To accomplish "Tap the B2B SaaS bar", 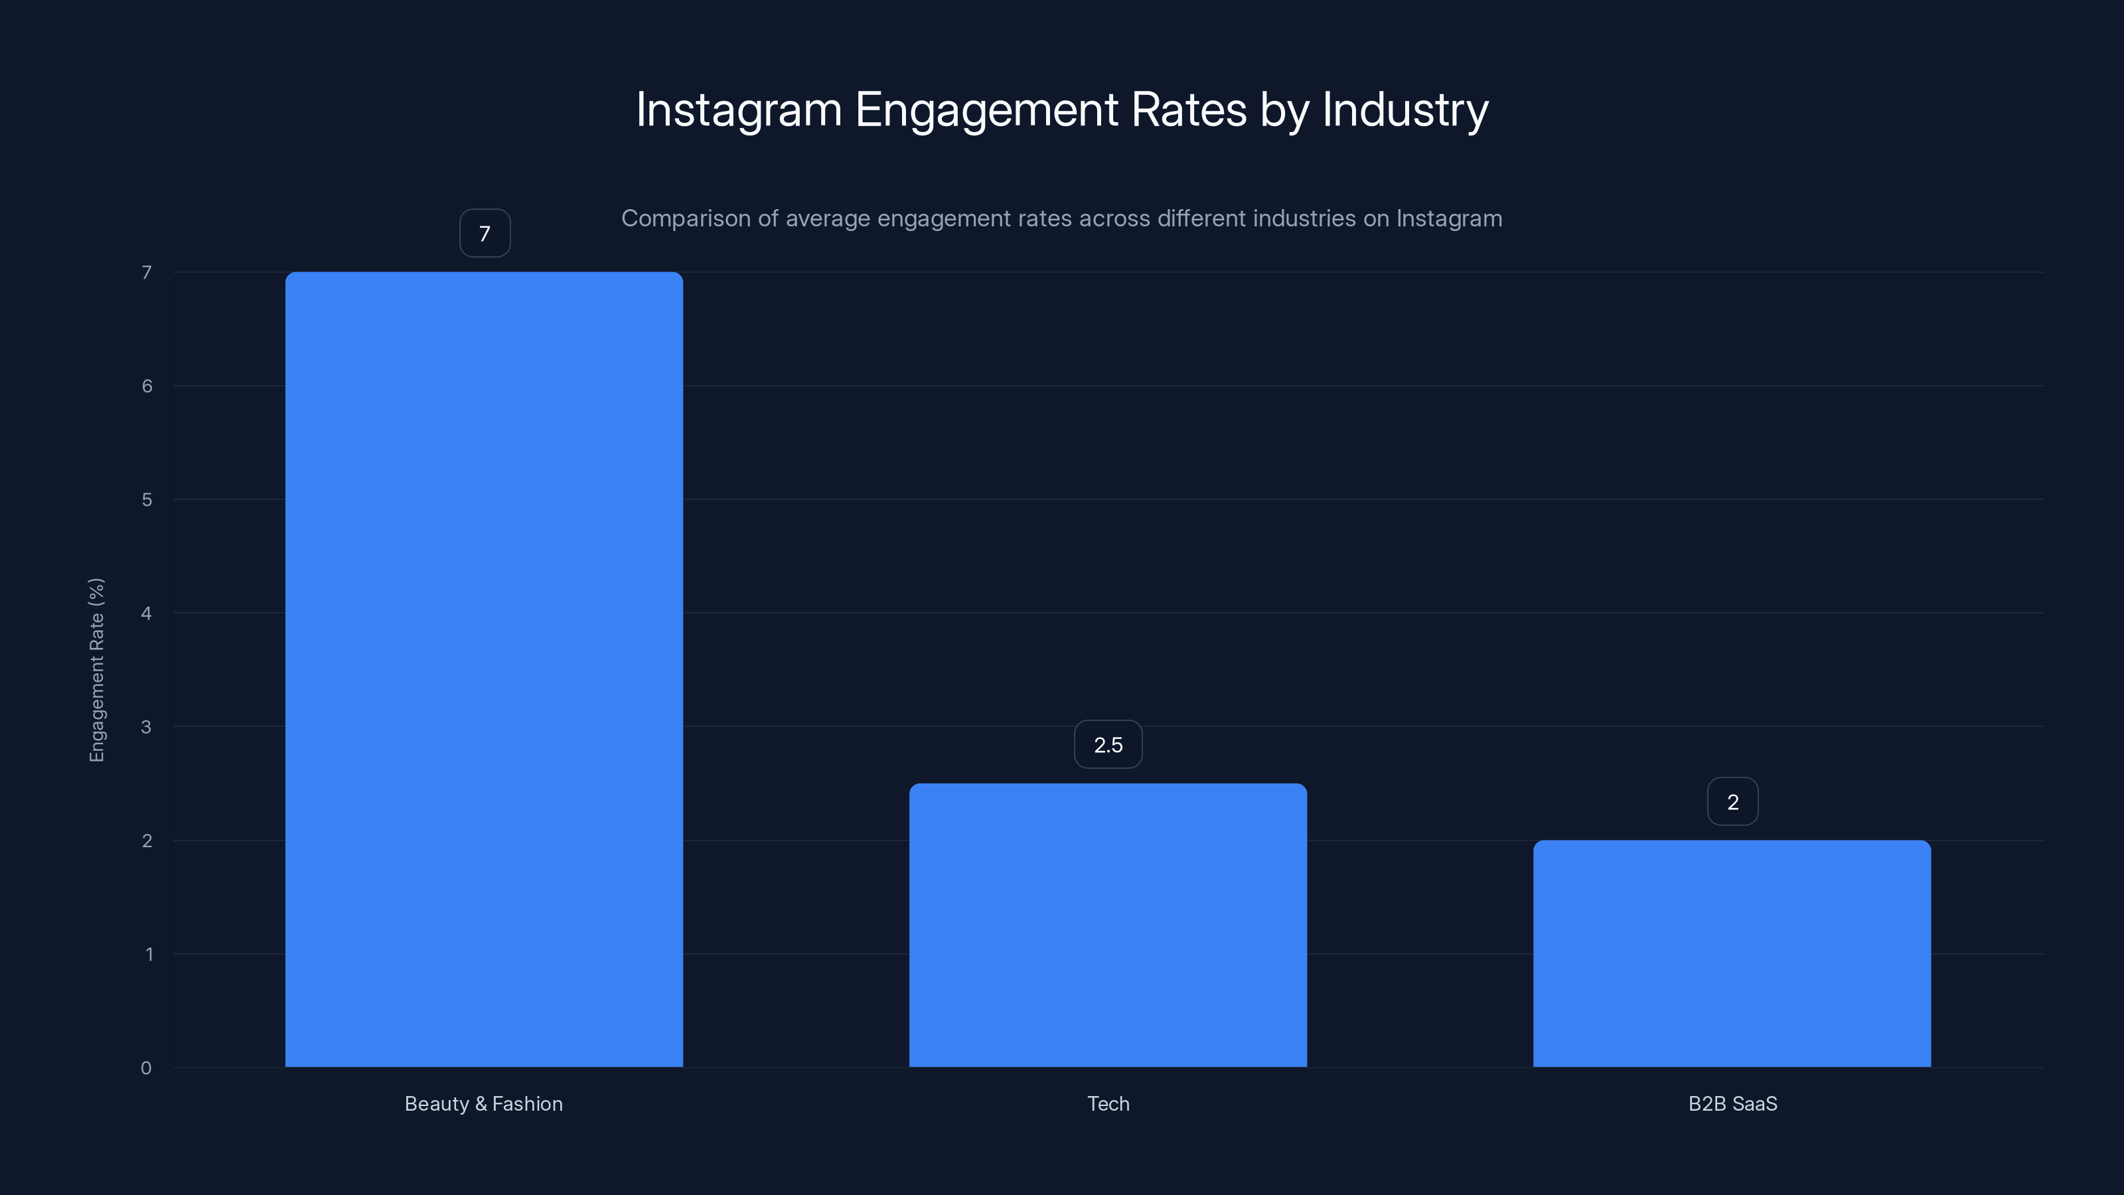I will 1732,953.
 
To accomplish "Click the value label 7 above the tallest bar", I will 485,234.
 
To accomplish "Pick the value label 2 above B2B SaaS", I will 1732,801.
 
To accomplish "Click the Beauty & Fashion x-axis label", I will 484,1103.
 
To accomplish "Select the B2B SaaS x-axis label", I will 1732,1103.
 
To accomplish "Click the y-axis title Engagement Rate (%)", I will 96,670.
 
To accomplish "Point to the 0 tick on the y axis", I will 146,1068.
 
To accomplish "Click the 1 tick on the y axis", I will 149,954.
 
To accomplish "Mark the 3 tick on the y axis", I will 146,726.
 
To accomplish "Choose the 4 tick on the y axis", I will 146,613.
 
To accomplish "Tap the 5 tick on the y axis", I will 147,499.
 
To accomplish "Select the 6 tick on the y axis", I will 147,386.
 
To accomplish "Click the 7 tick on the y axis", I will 147,272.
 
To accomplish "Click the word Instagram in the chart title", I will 739,110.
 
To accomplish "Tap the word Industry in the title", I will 1405,110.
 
